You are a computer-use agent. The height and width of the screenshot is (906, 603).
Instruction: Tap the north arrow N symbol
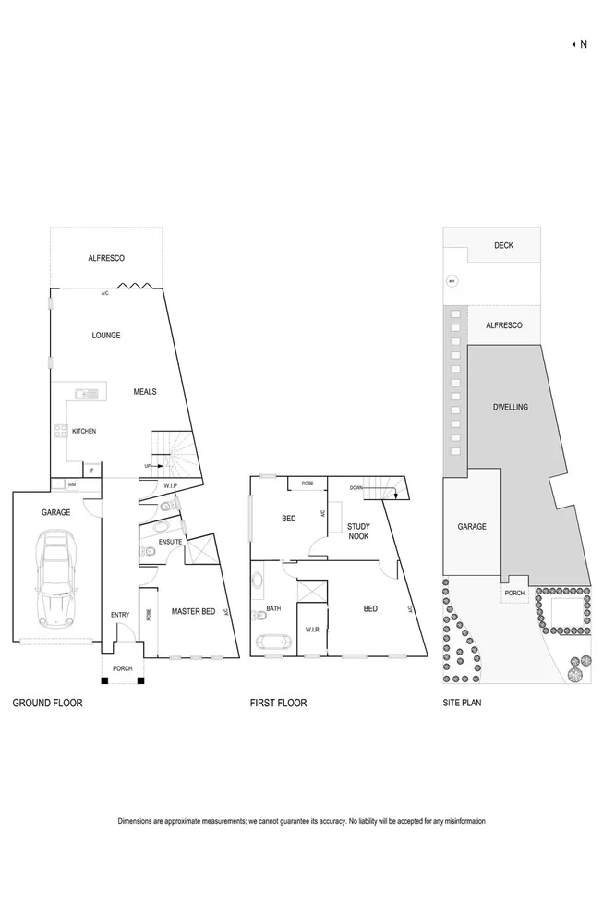(x=579, y=43)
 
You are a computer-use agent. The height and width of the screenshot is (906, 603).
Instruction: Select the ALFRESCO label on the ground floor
(x=106, y=258)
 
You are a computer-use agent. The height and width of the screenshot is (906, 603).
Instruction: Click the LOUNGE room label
(x=106, y=336)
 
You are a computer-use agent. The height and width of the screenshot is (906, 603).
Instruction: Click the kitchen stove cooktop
(x=61, y=431)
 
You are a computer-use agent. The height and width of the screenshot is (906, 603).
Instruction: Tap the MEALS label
(x=144, y=392)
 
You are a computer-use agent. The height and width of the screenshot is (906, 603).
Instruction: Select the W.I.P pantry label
(x=171, y=485)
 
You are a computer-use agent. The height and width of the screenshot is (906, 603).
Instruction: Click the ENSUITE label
(x=171, y=542)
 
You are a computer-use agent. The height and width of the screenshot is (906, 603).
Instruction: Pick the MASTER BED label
(x=193, y=611)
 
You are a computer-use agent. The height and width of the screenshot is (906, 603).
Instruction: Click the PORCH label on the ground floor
(x=123, y=669)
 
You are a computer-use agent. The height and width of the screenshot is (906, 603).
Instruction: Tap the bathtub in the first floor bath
(x=271, y=643)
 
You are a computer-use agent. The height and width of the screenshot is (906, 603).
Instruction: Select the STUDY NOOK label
(x=358, y=532)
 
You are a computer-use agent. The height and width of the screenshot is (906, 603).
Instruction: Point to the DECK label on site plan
(x=503, y=246)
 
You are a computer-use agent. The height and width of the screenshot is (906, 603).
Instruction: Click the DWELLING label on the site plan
(x=510, y=407)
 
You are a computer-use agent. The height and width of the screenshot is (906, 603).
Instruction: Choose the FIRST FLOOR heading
(x=278, y=704)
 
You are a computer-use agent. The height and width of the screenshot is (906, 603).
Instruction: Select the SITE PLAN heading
(x=462, y=704)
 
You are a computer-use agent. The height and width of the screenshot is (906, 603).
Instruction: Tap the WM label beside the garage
(x=71, y=484)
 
